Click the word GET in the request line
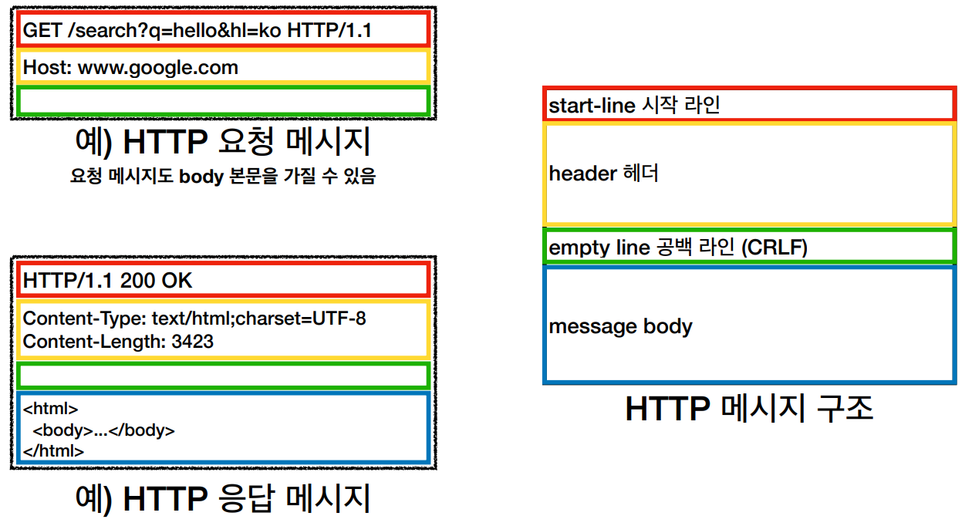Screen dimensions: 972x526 click(42, 30)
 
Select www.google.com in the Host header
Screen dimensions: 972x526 click(158, 68)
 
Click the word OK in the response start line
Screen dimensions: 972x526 click(177, 281)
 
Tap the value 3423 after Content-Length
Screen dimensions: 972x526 click(192, 342)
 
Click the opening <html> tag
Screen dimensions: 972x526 click(50, 409)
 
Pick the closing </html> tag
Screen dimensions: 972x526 click(53, 451)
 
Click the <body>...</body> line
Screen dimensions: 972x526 click(103, 430)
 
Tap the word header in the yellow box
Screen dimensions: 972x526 click(582, 174)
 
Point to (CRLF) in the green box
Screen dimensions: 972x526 click(775, 248)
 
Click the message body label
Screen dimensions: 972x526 click(620, 326)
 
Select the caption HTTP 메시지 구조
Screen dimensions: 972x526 click(749, 409)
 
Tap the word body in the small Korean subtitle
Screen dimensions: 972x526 click(201, 176)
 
